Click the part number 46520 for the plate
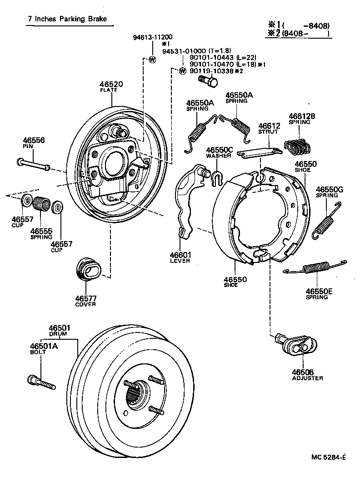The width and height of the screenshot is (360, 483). (111, 84)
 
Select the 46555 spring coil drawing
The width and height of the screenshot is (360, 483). (41, 203)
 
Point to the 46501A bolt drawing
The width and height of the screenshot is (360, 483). (41, 382)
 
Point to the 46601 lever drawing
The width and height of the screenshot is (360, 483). (187, 200)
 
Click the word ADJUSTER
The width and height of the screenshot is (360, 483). (308, 378)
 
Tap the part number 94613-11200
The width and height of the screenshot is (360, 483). (153, 37)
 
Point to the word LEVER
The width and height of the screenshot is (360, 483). (180, 261)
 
